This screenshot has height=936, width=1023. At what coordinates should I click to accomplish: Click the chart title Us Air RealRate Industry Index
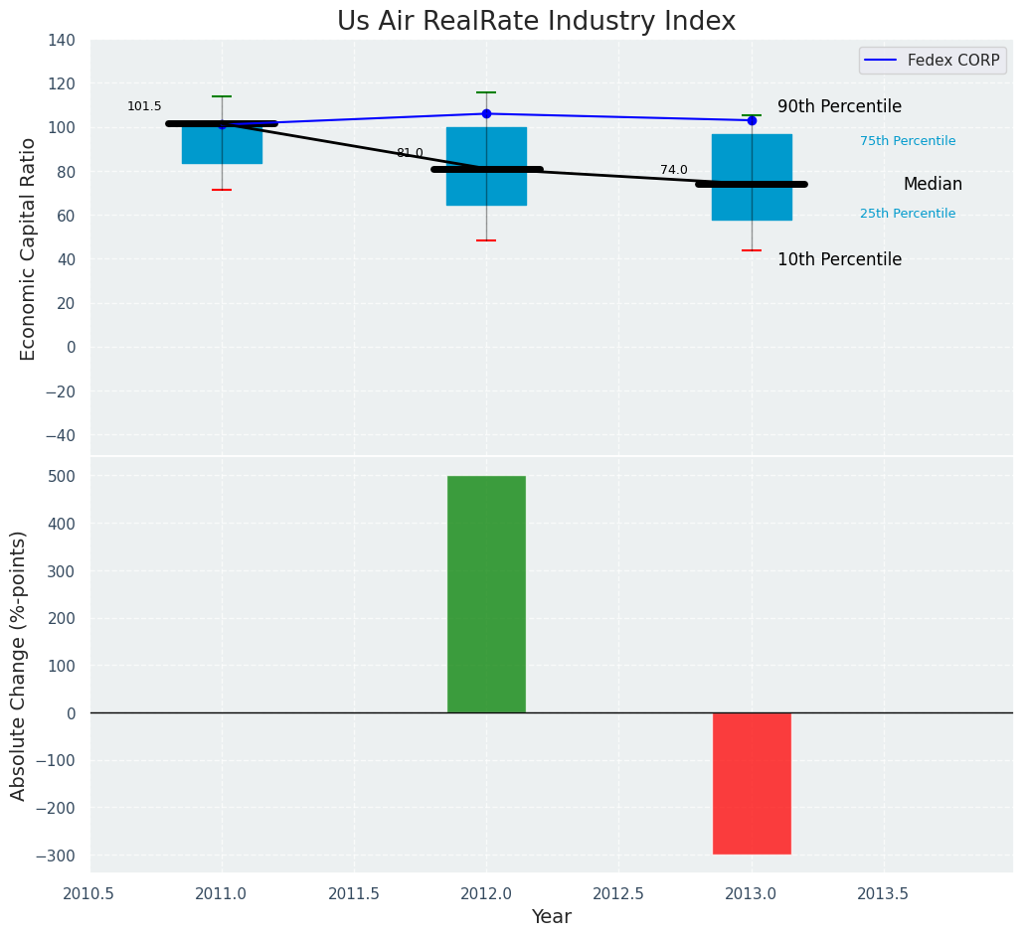coord(536,22)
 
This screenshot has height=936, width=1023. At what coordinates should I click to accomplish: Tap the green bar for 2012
coord(486,594)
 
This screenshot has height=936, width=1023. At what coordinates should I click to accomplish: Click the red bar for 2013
coord(752,783)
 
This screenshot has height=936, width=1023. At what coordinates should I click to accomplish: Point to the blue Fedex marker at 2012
coord(486,113)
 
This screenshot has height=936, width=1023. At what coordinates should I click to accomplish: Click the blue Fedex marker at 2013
coord(752,120)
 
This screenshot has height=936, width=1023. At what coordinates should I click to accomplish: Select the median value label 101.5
coord(144,107)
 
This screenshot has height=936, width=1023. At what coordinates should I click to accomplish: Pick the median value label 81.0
coord(410,153)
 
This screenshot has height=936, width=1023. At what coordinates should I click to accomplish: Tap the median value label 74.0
coord(674,171)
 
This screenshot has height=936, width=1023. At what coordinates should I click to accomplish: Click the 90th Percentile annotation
coord(839,107)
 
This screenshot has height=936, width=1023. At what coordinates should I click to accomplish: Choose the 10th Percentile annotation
coord(839,260)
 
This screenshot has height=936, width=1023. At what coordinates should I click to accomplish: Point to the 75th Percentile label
coord(908,141)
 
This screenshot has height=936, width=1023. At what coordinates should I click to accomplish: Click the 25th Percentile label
coord(908,214)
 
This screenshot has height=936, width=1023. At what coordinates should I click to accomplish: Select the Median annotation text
coord(933,185)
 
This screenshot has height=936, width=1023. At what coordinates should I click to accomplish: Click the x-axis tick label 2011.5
coord(354,894)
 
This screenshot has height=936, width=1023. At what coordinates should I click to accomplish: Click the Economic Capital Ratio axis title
coord(28,248)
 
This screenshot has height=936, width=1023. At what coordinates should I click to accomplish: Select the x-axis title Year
coord(551,917)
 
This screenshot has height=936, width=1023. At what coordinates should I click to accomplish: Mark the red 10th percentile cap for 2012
coord(486,240)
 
